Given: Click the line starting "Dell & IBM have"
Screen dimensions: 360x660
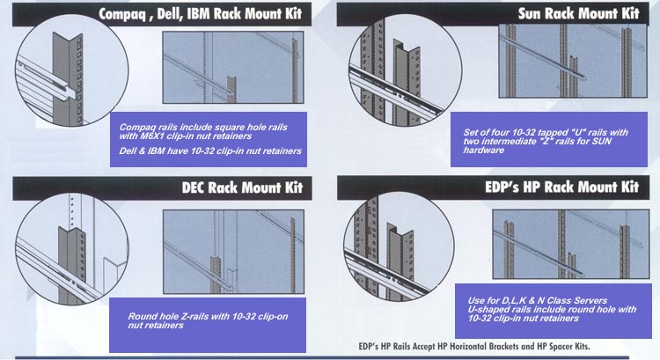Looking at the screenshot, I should (x=211, y=151).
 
